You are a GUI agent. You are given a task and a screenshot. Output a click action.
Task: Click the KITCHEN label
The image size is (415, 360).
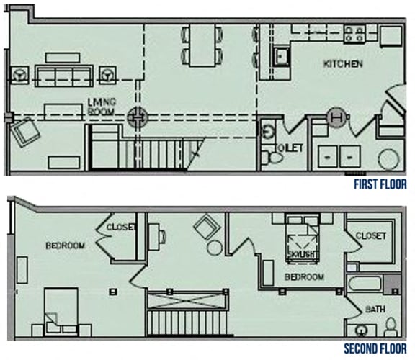342,64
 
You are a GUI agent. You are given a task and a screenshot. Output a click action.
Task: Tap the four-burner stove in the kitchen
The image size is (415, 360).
355,33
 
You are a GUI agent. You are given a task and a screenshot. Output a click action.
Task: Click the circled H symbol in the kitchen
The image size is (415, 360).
336,116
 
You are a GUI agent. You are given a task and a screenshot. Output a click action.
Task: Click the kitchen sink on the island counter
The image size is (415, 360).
281,54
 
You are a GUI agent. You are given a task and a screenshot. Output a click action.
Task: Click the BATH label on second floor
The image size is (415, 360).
375,310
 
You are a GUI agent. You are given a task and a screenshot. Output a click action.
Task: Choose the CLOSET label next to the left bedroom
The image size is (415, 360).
120,228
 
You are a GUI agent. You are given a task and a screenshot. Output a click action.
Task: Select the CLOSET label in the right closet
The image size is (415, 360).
370,236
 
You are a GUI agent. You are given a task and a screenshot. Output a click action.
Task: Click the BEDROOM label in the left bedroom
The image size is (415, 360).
66,246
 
